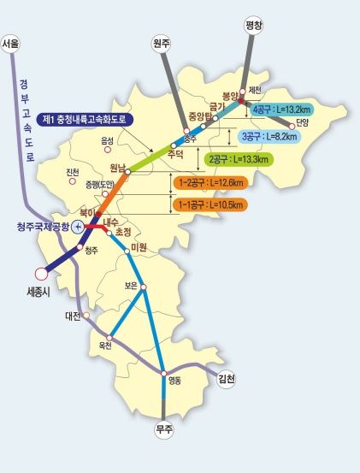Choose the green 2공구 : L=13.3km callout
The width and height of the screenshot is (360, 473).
coord(239,159)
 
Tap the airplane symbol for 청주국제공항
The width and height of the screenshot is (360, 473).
coord(79,227)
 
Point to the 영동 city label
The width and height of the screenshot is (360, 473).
coord(175,381)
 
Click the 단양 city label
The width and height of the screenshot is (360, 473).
coord(302,121)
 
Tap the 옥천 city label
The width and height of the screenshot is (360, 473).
coord(105,345)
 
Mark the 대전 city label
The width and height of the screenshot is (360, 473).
coord(72,316)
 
